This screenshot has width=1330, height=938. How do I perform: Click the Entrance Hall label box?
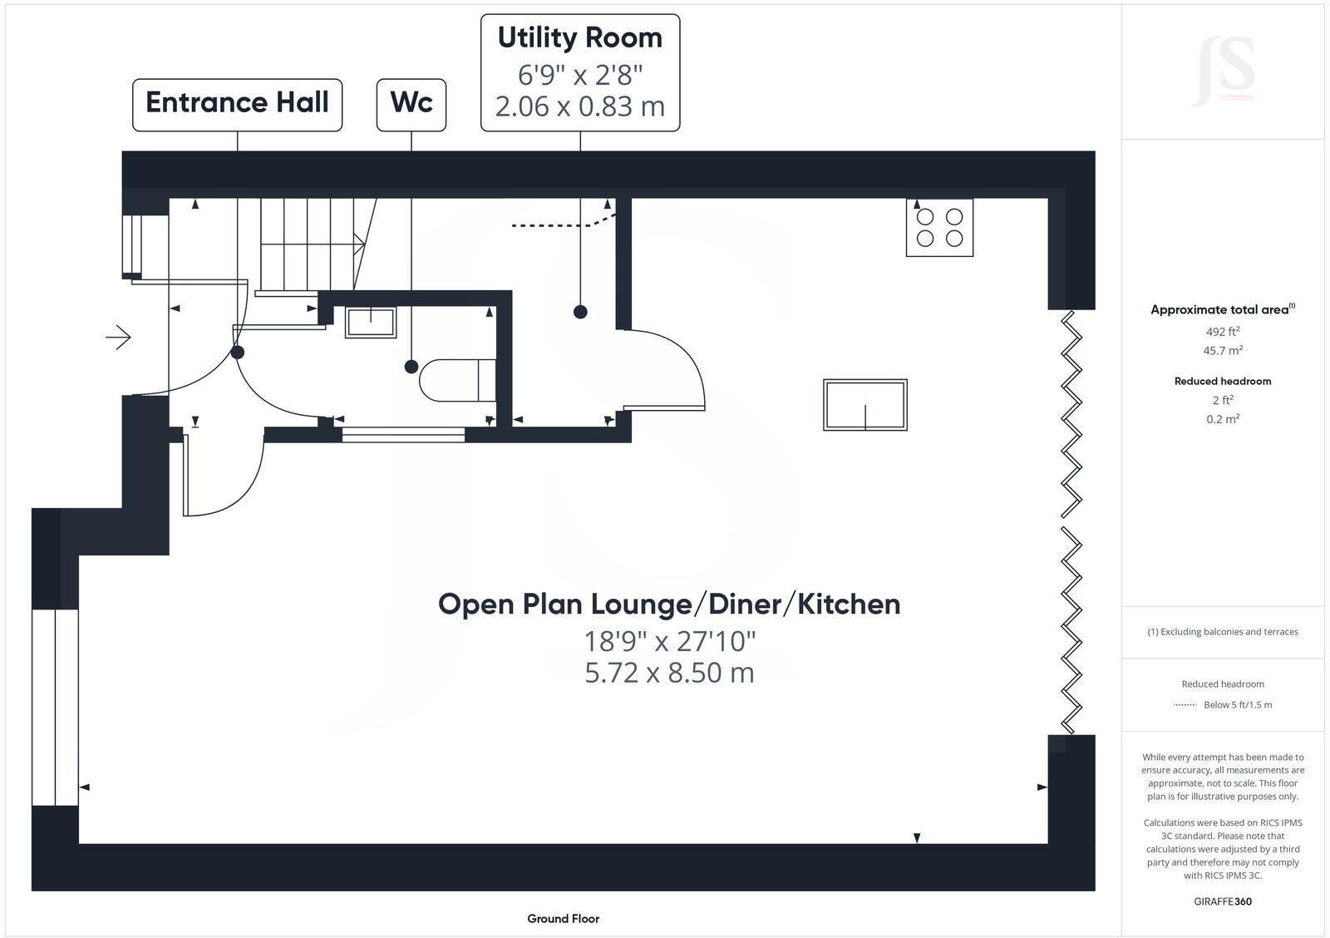coord(237,104)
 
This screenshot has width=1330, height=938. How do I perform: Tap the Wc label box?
coord(411,104)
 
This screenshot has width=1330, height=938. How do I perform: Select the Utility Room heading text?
coord(579,38)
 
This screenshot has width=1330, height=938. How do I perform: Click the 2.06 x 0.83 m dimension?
coord(579,107)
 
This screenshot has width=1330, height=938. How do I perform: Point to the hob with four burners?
coord(939,228)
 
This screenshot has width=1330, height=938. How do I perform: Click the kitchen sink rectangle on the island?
coord(864,405)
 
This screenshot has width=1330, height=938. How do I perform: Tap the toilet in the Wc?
coord(457,380)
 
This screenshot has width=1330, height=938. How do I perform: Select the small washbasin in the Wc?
coord(371,322)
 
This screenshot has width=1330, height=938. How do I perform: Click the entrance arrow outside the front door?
coord(119,338)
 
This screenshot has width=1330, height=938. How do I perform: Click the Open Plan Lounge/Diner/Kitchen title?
coord(669,605)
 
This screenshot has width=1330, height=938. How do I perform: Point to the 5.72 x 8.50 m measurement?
coord(669,673)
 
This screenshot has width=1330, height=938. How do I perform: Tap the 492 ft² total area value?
coord(1222,331)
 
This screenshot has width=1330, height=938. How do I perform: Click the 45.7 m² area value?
coord(1222,351)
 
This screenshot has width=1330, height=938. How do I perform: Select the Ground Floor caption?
coord(563,919)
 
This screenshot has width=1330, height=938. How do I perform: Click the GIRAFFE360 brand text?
coord(1222,901)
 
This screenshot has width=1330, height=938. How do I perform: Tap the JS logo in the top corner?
coord(1223,72)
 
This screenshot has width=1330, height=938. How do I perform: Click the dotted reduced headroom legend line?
coord(1185,705)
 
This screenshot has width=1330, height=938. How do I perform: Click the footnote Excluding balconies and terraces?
coord(1222,632)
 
